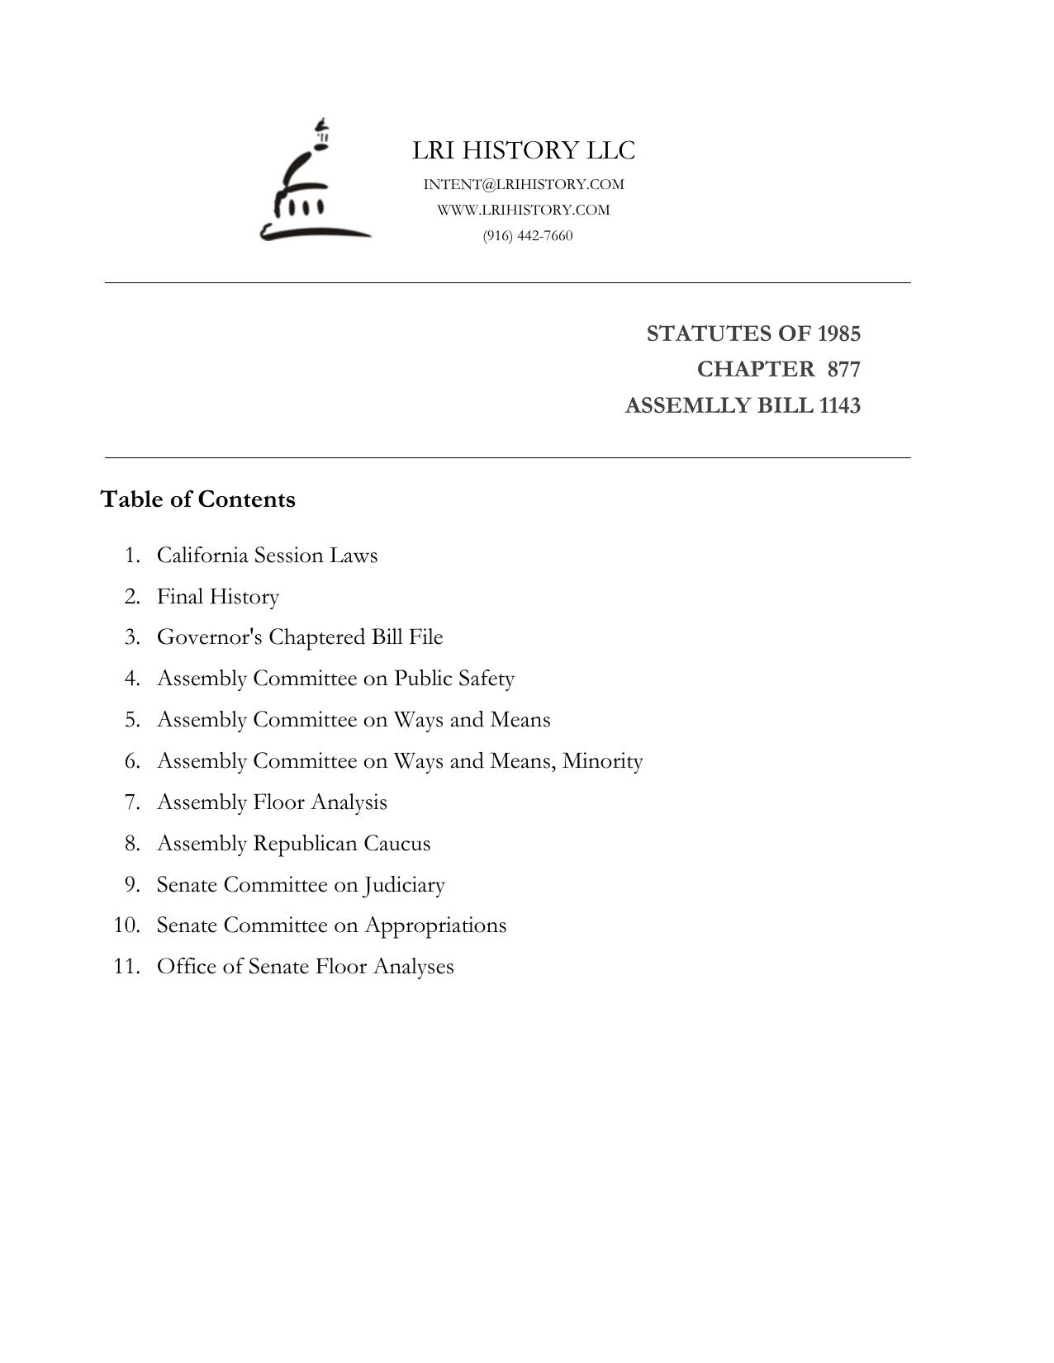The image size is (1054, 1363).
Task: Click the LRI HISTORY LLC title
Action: pyautogui.click(x=524, y=150)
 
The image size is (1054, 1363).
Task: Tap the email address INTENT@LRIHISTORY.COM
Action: pyautogui.click(x=524, y=184)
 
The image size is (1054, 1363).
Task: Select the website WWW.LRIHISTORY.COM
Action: pyautogui.click(x=524, y=210)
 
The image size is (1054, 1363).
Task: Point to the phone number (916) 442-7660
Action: pyautogui.click(x=528, y=235)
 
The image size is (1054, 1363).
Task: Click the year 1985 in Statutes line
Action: pyautogui.click(x=838, y=334)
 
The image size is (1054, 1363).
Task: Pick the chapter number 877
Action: pyautogui.click(x=843, y=369)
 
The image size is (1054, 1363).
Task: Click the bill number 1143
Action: pyautogui.click(x=839, y=405)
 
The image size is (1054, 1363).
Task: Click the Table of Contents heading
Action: pyautogui.click(x=198, y=499)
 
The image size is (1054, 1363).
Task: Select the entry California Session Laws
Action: pyautogui.click(x=267, y=555)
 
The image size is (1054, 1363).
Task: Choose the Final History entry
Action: pyautogui.click(x=218, y=596)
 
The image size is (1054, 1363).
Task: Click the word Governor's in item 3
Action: pyautogui.click(x=210, y=637)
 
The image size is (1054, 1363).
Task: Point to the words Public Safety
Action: pyautogui.click(x=454, y=679)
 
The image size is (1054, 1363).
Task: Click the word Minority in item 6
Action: pyautogui.click(x=602, y=760)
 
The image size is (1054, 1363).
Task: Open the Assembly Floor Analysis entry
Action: pyautogui.click(x=272, y=802)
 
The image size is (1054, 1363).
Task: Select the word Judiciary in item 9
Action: pyautogui.click(x=404, y=885)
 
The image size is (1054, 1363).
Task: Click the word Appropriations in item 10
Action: pyautogui.click(x=435, y=925)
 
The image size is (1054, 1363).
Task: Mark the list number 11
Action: pyautogui.click(x=125, y=967)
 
